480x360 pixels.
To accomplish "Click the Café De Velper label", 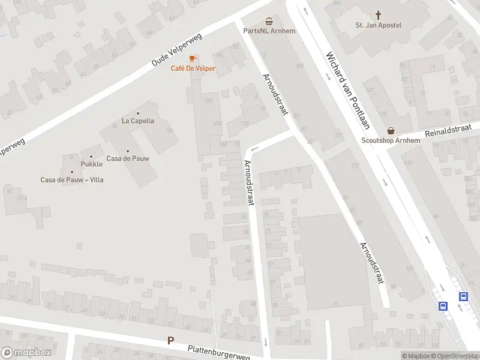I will click(x=193, y=68).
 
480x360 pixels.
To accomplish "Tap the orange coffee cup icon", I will click(x=193, y=58).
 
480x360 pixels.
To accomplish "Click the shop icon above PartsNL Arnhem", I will click(x=269, y=20).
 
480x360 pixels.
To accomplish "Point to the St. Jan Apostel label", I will click(x=378, y=25).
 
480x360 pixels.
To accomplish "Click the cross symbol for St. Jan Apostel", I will click(x=379, y=14).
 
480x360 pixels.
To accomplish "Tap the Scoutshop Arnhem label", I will click(x=391, y=140).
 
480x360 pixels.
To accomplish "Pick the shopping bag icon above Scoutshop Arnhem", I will click(x=391, y=130).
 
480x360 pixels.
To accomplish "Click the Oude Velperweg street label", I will click(x=177, y=50).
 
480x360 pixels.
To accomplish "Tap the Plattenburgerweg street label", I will click(x=218, y=352).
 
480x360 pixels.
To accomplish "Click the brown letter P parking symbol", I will click(x=170, y=340).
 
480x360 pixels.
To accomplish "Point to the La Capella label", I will click(x=138, y=121).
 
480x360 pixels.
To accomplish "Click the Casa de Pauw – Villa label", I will click(x=72, y=179).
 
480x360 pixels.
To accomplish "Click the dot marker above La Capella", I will click(x=138, y=113).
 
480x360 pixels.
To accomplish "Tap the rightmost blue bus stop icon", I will click(x=463, y=296).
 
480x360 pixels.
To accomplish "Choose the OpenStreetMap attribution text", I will click(x=454, y=356).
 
